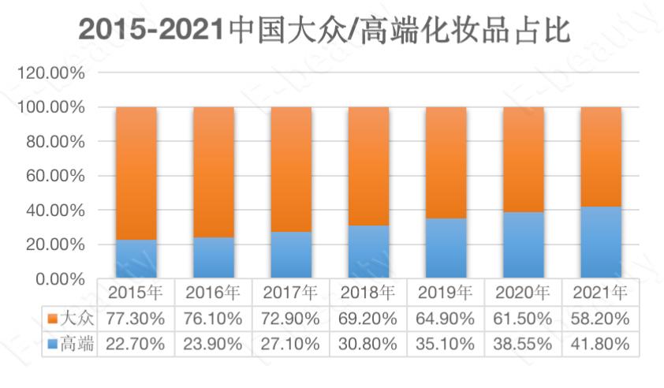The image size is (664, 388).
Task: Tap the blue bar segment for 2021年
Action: pyautogui.click(x=601, y=243)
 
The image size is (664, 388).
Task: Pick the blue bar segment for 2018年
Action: pyautogui.click(x=368, y=252)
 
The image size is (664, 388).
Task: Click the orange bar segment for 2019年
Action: pyautogui.click(x=446, y=162)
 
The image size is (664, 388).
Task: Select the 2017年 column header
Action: pyautogui.click(x=291, y=293)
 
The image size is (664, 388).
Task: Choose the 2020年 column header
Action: pyautogui.click(x=523, y=293)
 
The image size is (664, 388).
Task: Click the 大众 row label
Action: pyautogui.click(x=77, y=319)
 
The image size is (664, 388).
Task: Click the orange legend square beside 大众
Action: pyautogui.click(x=52, y=319)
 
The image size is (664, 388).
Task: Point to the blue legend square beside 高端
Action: pyautogui.click(x=52, y=344)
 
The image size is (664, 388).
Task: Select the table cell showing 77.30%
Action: pyautogui.click(x=136, y=319)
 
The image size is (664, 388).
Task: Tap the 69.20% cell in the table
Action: pyautogui.click(x=368, y=319)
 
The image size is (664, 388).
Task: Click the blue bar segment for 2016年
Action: pyautogui.click(x=213, y=259)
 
